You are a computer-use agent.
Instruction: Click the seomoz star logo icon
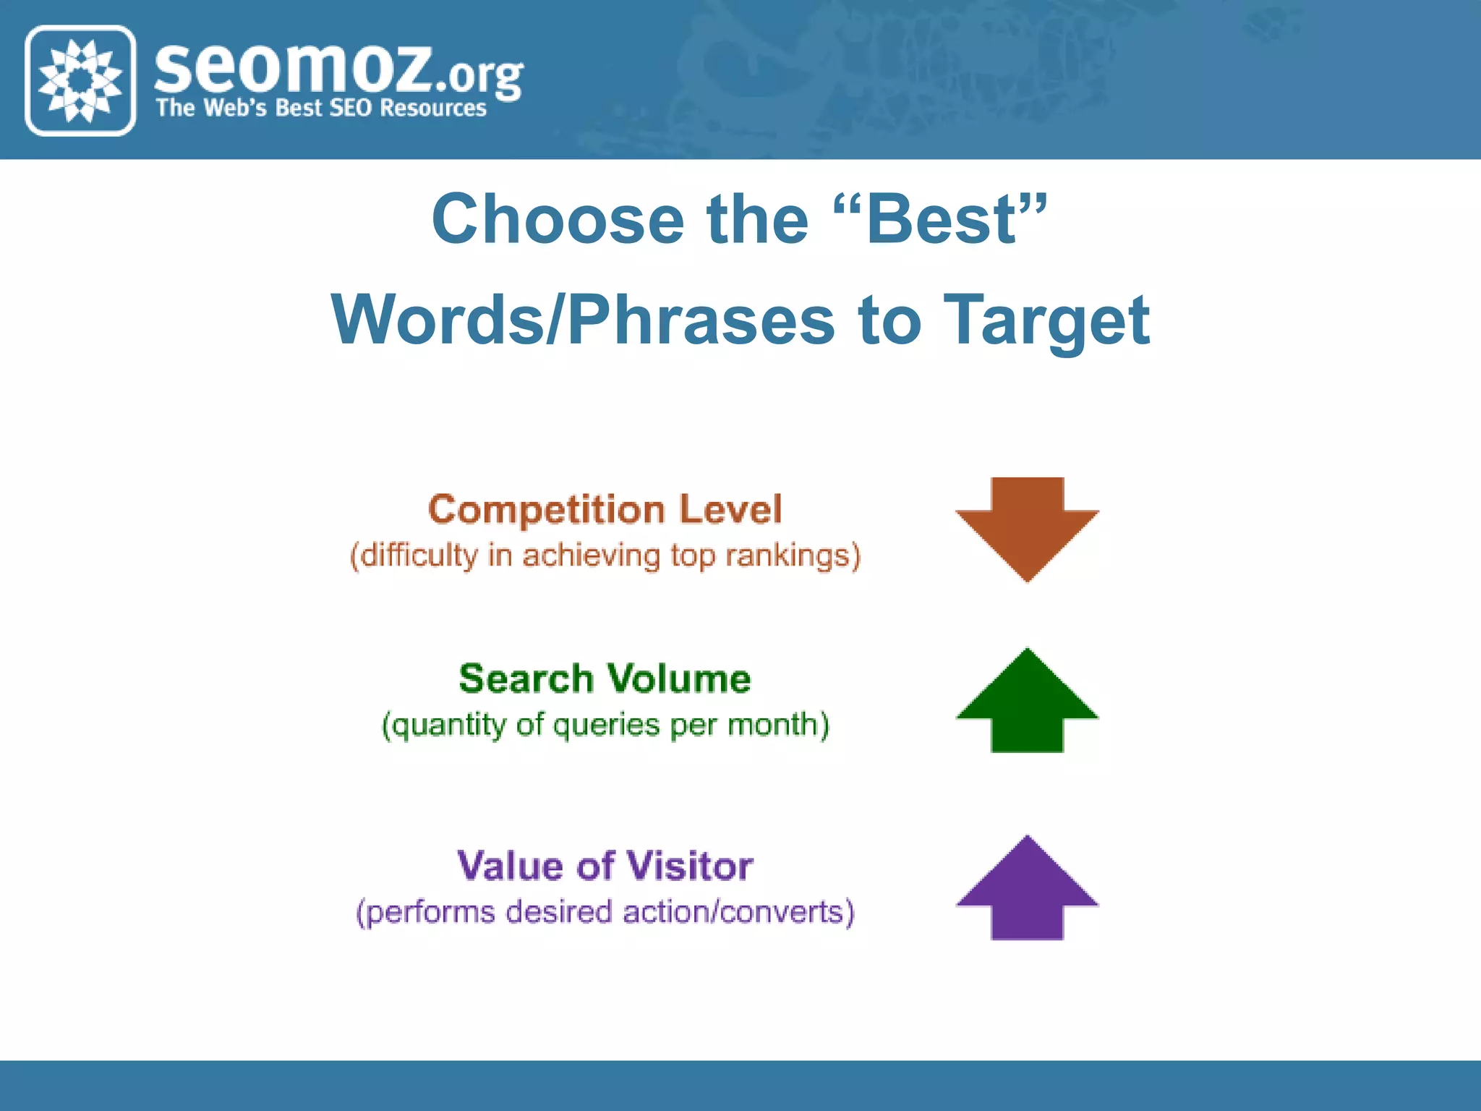80,80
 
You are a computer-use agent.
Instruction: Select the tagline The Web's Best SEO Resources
321,108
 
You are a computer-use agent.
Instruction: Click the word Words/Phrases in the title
583,320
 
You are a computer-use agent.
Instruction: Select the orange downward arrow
1027,529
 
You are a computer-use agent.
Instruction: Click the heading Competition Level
605,510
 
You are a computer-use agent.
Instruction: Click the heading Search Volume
605,679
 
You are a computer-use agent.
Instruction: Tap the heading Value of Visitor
605,866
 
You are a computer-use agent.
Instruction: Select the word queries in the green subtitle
606,725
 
